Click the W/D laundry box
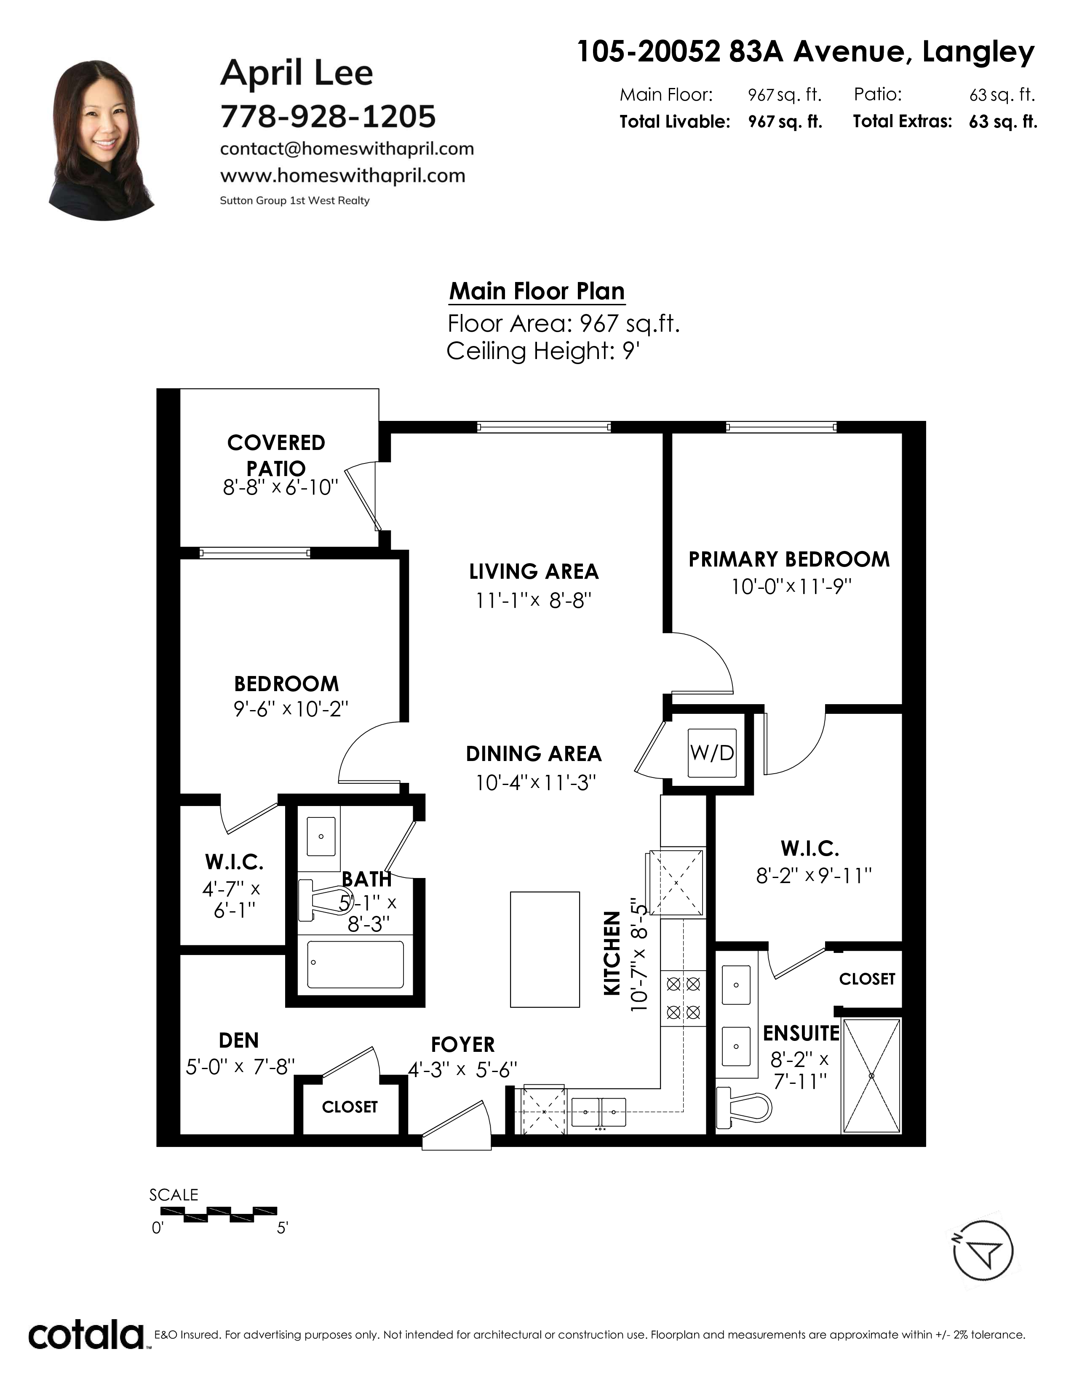click(x=712, y=753)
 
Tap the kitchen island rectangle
click(x=545, y=950)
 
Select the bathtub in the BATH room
click(x=355, y=964)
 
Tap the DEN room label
click(x=238, y=1040)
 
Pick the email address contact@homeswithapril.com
click(x=347, y=149)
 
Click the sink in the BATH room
click(x=322, y=836)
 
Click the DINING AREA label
click(x=534, y=754)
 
